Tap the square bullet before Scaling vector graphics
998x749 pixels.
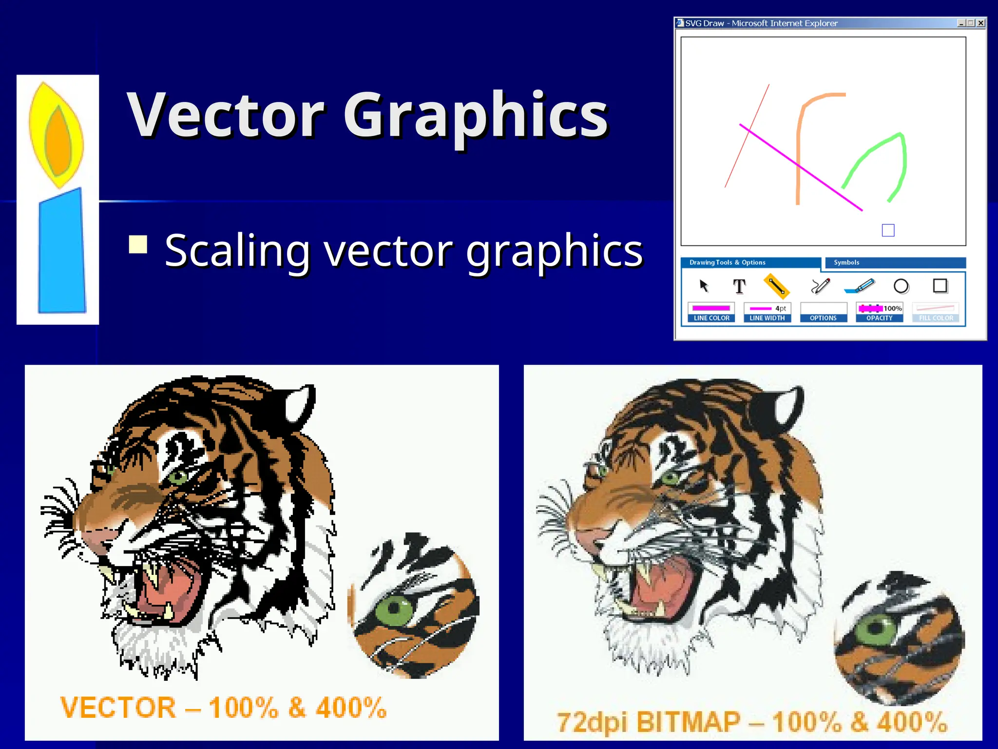pos(138,245)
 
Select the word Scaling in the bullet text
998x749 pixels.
pos(237,252)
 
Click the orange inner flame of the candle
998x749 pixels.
pos(58,141)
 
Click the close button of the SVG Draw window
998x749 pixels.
pos(981,23)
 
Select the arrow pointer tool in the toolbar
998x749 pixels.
pos(704,286)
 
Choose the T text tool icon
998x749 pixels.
pos(739,286)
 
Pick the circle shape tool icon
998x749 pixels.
pos(901,286)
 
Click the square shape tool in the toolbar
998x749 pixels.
pos(940,286)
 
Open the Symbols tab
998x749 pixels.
pos(846,262)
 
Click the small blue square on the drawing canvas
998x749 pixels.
pos(888,230)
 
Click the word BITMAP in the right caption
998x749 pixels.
pos(688,722)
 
